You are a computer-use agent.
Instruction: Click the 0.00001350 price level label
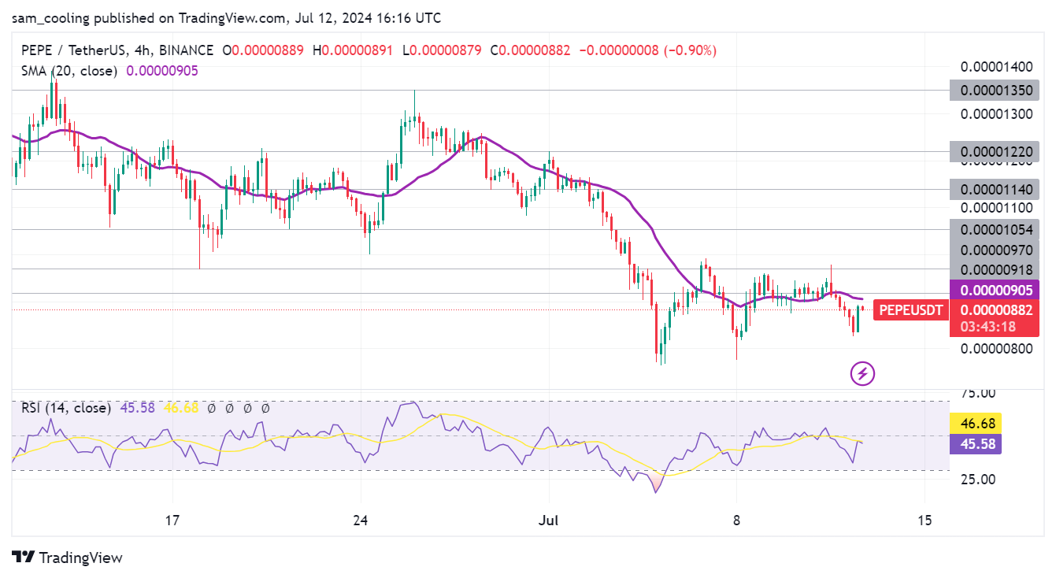pos(995,90)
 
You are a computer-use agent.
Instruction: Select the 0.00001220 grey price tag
pos(995,152)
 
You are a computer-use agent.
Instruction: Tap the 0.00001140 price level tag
pos(995,189)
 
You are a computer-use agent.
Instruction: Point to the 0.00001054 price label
pos(995,229)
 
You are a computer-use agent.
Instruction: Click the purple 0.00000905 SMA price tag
pos(995,290)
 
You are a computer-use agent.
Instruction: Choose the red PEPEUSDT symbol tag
pos(910,310)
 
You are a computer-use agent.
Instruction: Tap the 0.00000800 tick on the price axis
pos(995,348)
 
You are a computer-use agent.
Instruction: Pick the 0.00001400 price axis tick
pos(995,65)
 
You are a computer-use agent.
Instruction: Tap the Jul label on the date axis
pos(548,520)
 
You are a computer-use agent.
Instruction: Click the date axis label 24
pos(361,520)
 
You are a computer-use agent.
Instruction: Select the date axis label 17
pos(172,520)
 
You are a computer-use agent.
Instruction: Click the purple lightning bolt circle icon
pos(863,373)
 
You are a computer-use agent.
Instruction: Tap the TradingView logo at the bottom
pos(68,558)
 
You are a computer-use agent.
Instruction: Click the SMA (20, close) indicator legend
pos(69,71)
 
